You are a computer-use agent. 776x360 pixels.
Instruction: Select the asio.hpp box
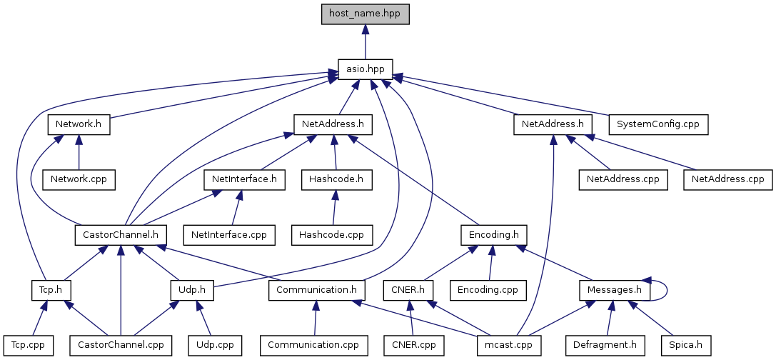pyautogui.click(x=366, y=69)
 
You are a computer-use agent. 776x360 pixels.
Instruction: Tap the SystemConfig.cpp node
pyautogui.click(x=657, y=124)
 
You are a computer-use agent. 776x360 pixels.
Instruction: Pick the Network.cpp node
pyautogui.click(x=78, y=179)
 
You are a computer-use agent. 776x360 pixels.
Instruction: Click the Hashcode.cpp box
pyautogui.click(x=331, y=234)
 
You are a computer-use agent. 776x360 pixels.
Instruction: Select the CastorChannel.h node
pyautogui.click(x=121, y=234)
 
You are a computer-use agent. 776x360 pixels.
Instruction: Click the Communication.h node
pyautogui.click(x=317, y=290)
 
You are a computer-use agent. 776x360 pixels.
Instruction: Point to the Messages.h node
pyautogui.click(x=615, y=290)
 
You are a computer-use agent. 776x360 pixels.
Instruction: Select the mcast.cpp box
pyautogui.click(x=508, y=345)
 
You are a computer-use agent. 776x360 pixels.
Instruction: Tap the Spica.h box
pyautogui.click(x=685, y=345)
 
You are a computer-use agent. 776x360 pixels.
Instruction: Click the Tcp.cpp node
pyautogui.click(x=27, y=345)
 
